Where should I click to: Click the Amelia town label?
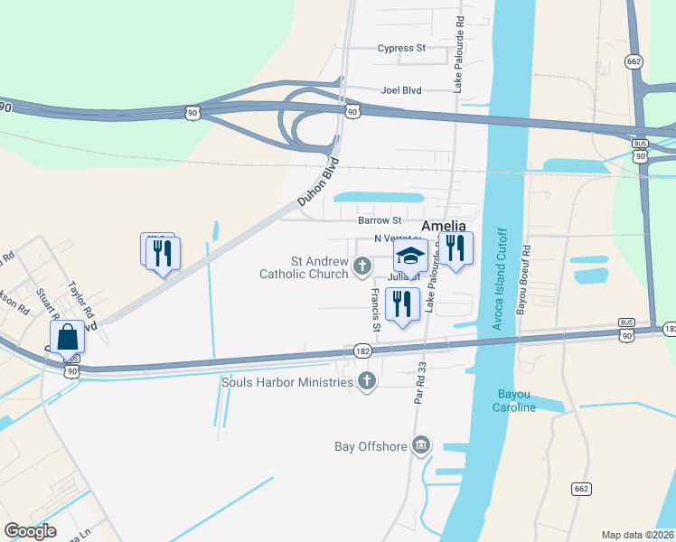[x=444, y=225]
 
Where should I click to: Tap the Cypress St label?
[x=401, y=48]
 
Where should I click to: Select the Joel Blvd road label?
[x=402, y=90]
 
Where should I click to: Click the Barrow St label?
[x=379, y=220]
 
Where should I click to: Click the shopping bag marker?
[x=68, y=338]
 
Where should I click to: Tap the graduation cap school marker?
[x=410, y=257]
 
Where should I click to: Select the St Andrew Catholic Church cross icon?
[x=362, y=266]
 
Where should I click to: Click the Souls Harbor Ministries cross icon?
[x=366, y=381]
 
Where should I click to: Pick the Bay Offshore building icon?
[x=420, y=444]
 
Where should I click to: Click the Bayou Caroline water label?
[x=517, y=400]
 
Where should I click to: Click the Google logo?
[x=30, y=531]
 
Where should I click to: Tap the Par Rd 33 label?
[x=420, y=384]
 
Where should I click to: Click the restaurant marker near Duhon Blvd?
[x=164, y=254]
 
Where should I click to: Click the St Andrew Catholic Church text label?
[x=304, y=267]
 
